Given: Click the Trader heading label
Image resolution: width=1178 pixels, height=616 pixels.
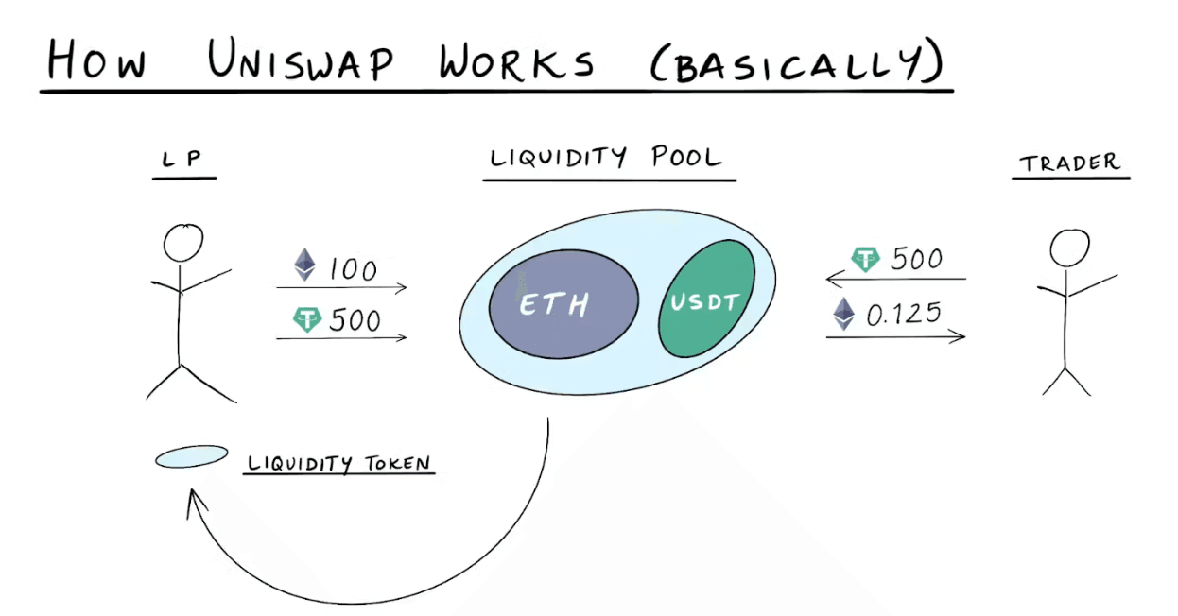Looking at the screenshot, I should pos(1070,163).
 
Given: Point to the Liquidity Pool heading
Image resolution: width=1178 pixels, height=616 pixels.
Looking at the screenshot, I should pos(608,158).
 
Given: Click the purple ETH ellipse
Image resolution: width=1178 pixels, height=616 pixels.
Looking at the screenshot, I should pos(563,303).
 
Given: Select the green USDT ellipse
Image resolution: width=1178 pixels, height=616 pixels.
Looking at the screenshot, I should pos(706,299).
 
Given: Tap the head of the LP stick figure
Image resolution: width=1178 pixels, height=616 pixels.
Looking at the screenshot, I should pos(183,243).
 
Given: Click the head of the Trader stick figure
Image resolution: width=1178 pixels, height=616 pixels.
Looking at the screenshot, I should pos(1069,249).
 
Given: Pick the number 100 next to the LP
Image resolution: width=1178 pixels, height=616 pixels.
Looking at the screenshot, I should pos(353,269).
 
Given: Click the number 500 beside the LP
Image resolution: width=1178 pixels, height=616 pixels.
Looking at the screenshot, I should pos(355,320).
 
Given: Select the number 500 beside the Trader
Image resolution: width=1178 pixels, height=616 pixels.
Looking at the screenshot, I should pos(916,259).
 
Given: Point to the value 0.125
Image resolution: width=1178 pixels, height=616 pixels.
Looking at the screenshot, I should pos(904,314).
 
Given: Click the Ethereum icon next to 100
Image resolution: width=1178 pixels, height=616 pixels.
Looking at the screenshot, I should pos(304,265).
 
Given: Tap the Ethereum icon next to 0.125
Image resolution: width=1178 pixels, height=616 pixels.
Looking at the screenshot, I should pos(842,314).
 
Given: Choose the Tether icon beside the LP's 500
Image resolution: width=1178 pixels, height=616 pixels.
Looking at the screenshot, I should pos(307,319).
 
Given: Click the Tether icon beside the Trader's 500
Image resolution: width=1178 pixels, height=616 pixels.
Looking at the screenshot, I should pos(865,259).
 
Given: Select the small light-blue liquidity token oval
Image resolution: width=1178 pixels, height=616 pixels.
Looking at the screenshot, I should pos(191,457).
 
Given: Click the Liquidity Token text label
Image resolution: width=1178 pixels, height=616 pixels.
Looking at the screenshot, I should pos(339,464).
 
